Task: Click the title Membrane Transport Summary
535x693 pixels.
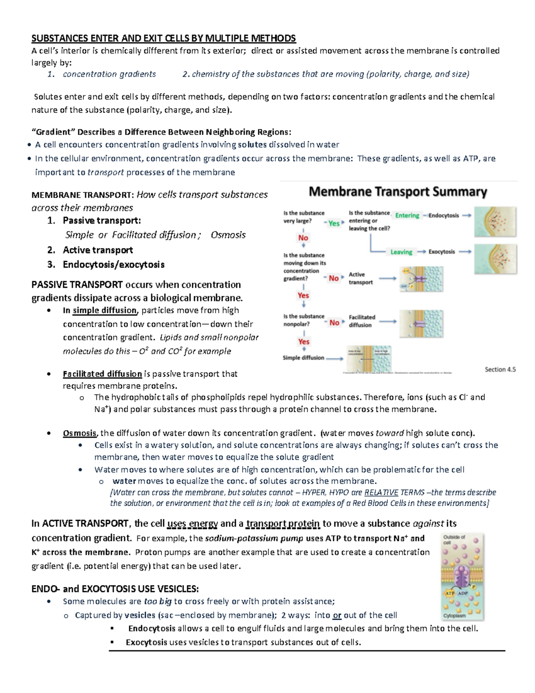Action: pos(398,192)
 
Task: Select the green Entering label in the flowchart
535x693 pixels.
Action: pos(407,216)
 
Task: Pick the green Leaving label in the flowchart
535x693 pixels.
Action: pos(401,252)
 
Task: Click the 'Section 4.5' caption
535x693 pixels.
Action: pos(500,369)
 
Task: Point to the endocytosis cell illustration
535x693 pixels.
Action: pos(495,221)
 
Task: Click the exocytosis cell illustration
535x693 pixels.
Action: pos(495,259)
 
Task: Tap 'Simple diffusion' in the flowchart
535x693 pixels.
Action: pos(304,358)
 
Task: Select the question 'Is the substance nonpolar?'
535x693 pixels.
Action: pos(304,320)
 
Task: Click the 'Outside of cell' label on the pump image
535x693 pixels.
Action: pos(454,539)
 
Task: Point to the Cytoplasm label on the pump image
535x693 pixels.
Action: pos(455,615)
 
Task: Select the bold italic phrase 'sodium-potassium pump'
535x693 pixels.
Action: pos(254,539)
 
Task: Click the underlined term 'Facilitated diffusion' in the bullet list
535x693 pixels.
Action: pos(102,374)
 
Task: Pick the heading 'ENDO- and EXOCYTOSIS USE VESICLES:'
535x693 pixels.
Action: pos(115,589)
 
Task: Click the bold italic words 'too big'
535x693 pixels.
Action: pos(158,602)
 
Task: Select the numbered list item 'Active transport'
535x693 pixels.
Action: pos(98,250)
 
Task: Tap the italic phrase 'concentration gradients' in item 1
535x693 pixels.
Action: pos(109,74)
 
